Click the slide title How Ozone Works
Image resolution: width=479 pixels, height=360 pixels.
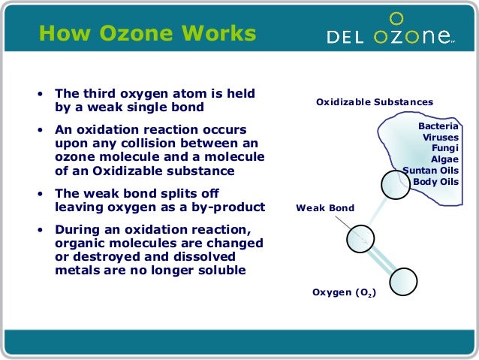pyautogui.click(x=147, y=34)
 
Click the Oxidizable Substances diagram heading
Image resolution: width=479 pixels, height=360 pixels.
pyautogui.click(x=374, y=101)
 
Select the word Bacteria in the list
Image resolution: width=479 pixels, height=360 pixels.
pyautogui.click(x=438, y=126)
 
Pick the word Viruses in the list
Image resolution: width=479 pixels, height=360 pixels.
pyautogui.click(x=440, y=138)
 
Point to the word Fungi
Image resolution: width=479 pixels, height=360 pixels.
pyautogui.click(x=444, y=148)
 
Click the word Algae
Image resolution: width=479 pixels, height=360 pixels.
pyautogui.click(x=444, y=159)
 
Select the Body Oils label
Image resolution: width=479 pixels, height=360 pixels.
pyautogui.click(x=435, y=181)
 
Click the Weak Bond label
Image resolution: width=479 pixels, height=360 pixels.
pyautogui.click(x=324, y=207)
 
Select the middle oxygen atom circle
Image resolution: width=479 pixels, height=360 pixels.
pyautogui.click(x=360, y=238)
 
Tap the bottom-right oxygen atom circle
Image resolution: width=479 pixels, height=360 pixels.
pyautogui.click(x=405, y=281)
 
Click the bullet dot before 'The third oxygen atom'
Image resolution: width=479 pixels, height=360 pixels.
pyautogui.click(x=41, y=95)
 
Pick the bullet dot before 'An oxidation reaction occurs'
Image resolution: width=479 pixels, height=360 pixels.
pyautogui.click(x=41, y=130)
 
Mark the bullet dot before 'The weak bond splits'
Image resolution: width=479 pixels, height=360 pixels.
pyautogui.click(x=41, y=193)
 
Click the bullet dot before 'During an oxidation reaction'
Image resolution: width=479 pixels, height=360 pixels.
pyautogui.click(x=41, y=231)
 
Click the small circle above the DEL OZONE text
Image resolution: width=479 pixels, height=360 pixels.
pyautogui.click(x=397, y=17)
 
